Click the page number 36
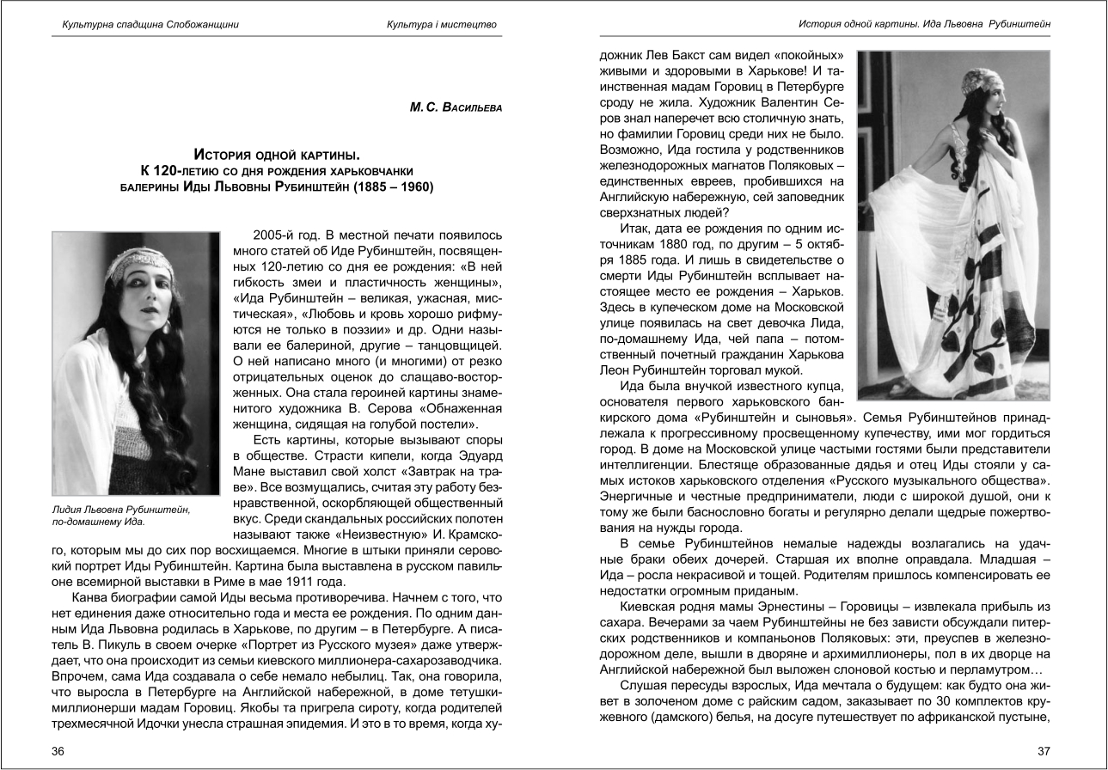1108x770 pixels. (58, 751)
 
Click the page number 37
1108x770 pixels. (1044, 751)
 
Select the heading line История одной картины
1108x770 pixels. (276, 155)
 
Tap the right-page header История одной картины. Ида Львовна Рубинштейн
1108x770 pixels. (925, 24)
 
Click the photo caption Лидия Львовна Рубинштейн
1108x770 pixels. (121, 510)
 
